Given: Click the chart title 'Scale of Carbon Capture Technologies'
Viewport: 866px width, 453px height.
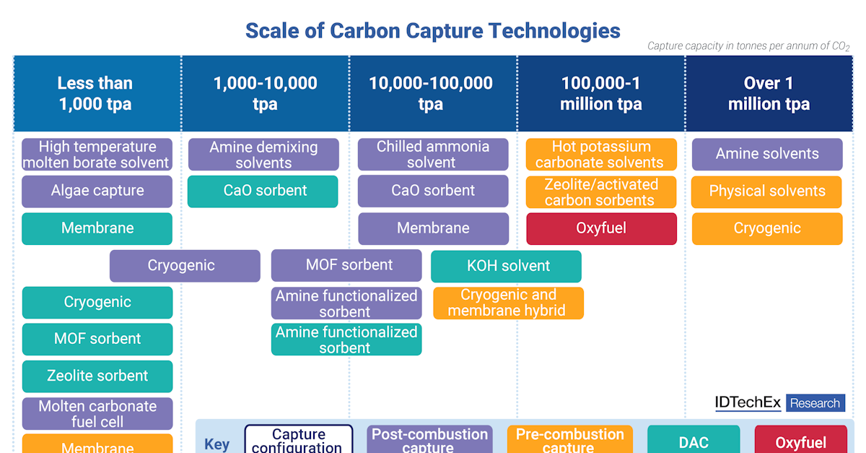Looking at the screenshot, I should (x=432, y=30).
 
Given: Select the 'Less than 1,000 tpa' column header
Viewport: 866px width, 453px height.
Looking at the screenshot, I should (x=95, y=93).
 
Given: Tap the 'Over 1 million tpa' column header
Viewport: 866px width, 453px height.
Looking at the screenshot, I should (x=769, y=93).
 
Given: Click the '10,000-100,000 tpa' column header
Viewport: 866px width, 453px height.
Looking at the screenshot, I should (x=431, y=93).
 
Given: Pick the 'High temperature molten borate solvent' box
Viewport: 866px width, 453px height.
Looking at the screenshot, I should (x=97, y=155).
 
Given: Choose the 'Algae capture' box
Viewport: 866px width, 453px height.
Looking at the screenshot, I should (x=97, y=191).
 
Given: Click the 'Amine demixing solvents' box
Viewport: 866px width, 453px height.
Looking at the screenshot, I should (x=263, y=155).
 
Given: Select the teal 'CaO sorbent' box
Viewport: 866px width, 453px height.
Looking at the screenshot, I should (x=263, y=191).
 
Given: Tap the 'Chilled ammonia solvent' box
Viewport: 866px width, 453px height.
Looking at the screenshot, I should (x=433, y=155).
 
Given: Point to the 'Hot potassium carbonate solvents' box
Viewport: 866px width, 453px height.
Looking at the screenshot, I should (x=601, y=155).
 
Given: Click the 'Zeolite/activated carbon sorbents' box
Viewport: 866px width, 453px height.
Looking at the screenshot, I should (x=601, y=192).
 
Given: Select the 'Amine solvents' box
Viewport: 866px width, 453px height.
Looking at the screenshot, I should (x=767, y=154).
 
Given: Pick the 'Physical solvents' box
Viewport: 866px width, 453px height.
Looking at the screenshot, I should (x=767, y=191).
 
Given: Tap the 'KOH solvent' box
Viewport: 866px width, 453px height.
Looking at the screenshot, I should (x=506, y=266).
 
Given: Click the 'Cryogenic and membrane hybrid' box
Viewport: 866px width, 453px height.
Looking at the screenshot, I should (x=508, y=303).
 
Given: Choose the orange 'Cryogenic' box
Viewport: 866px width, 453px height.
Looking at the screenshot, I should (x=767, y=228).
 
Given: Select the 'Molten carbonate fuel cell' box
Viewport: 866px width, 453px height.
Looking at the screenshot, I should (x=97, y=413).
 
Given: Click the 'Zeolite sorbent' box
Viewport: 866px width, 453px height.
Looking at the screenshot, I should (x=97, y=376).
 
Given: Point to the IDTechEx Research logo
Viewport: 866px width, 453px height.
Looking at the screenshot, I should (x=779, y=403).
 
